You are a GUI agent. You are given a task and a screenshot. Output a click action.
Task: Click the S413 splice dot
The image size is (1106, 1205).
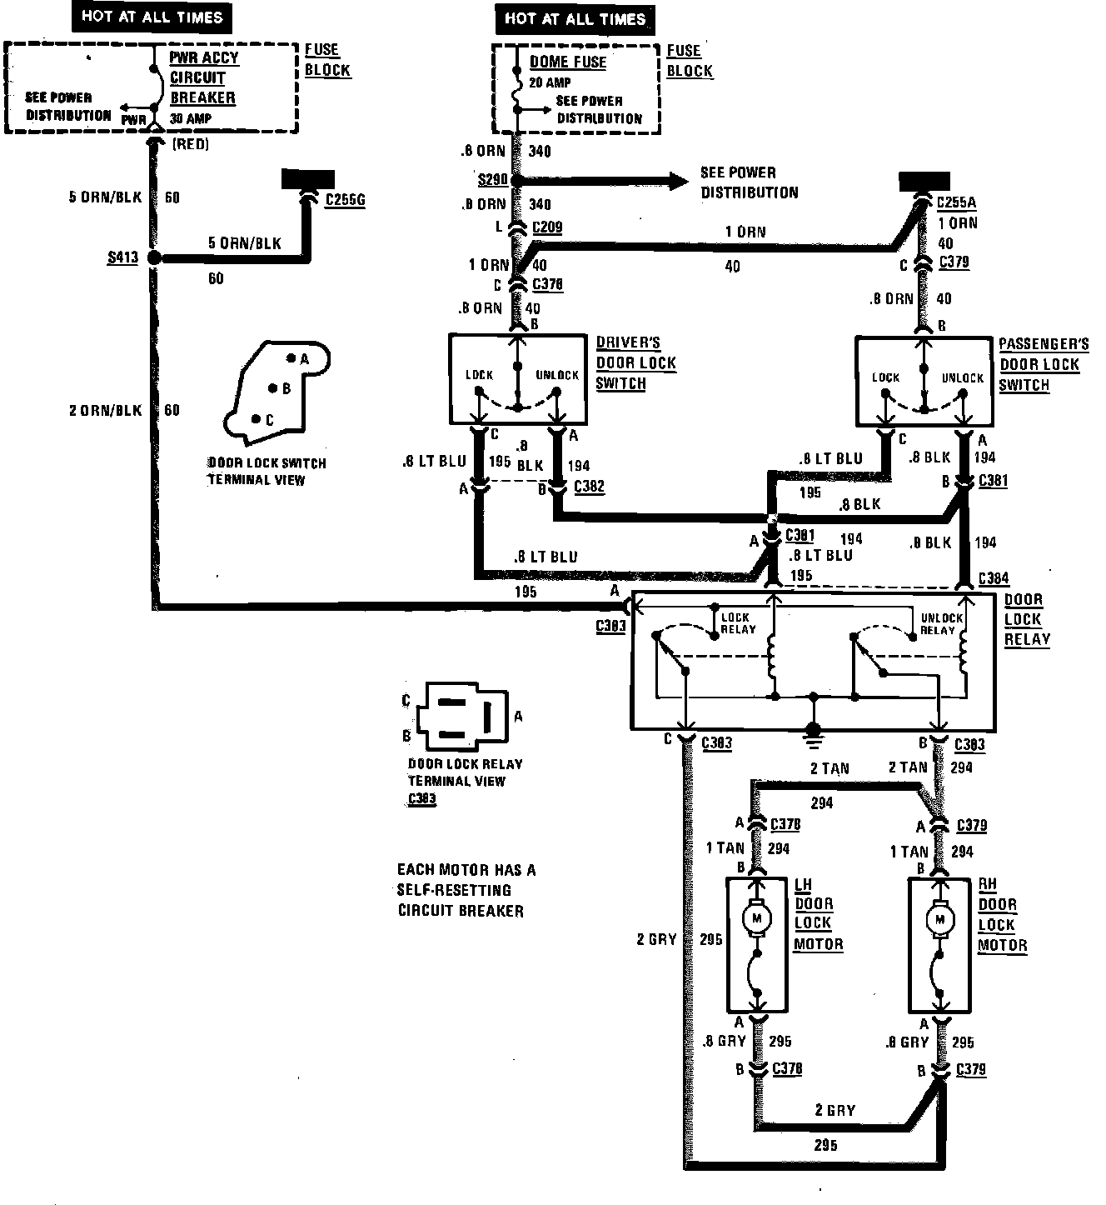coord(154,258)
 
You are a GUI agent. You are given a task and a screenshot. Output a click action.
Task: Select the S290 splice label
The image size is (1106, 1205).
coord(493,180)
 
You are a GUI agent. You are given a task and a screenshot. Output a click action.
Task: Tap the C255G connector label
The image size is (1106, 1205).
coord(345,201)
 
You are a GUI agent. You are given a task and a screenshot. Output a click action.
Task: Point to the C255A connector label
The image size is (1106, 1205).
coord(957,202)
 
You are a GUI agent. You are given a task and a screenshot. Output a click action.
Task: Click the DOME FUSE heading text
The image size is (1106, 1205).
coord(568,62)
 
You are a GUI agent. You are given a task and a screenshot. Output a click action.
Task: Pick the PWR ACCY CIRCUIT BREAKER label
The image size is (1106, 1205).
coord(203,77)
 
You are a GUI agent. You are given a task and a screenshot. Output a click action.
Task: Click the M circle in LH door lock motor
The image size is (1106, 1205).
coord(757,918)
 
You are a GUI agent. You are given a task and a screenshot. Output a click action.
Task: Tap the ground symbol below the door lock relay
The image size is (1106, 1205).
coord(813,734)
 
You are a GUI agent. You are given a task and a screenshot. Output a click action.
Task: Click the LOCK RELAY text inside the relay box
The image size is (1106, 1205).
coord(738,623)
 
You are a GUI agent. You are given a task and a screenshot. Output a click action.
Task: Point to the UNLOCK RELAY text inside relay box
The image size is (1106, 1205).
coord(940,624)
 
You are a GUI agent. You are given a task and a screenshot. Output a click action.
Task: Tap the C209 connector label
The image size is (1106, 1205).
coord(546,226)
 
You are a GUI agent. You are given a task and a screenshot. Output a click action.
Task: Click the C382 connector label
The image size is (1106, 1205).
coord(589,486)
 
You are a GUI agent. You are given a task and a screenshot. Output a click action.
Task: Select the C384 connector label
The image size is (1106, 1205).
coord(994,578)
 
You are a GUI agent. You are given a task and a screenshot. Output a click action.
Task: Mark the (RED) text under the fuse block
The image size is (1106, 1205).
coord(190,144)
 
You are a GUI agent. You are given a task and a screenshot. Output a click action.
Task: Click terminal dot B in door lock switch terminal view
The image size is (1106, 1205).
coord(272,388)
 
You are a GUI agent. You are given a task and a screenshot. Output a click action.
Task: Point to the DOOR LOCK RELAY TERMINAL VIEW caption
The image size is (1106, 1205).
coord(464,772)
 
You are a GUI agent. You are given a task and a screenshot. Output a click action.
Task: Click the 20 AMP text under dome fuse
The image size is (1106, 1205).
coord(550,82)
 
